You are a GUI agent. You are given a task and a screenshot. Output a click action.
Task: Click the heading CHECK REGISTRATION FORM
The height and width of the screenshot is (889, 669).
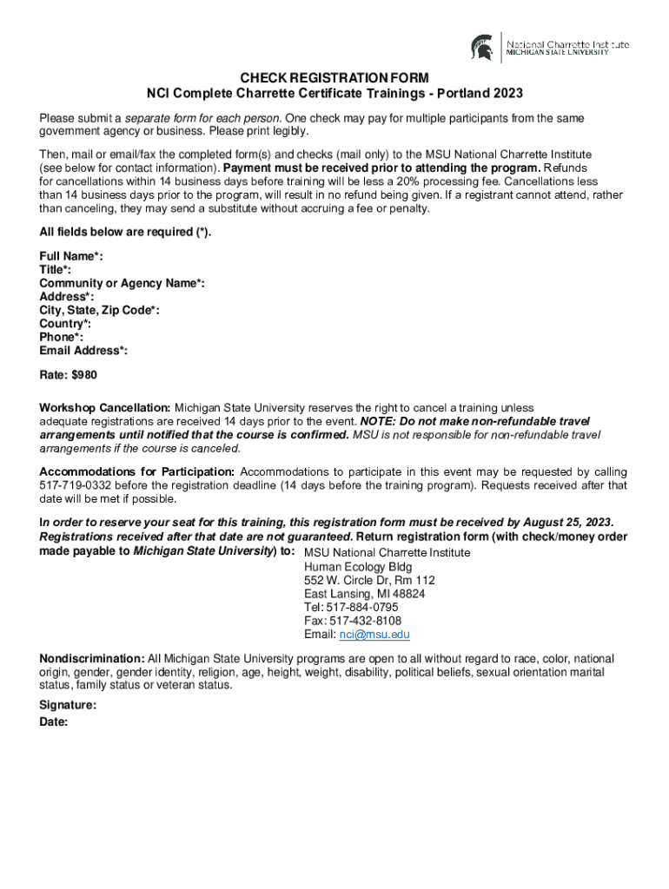pos(334,77)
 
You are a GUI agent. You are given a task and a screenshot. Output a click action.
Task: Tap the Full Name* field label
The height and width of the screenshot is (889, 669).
pos(71,256)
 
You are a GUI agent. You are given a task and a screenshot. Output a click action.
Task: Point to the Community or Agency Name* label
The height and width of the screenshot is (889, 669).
pos(122,283)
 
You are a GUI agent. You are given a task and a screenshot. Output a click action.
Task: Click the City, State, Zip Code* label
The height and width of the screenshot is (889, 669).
pos(99,310)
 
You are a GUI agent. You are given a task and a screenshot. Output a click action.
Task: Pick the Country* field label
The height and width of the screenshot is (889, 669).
pos(65,324)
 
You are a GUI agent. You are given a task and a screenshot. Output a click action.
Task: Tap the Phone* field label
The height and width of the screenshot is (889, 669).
pos(62,337)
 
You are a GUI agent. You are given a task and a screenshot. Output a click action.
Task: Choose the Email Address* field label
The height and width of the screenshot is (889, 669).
pos(83,351)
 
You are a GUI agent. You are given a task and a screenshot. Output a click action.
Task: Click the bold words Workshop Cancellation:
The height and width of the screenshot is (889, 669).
pos(105,407)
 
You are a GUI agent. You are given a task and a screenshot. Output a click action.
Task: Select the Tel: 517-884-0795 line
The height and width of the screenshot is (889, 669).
pos(351,607)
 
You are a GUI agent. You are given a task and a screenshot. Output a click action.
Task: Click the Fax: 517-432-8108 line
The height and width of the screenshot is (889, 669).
pos(353,621)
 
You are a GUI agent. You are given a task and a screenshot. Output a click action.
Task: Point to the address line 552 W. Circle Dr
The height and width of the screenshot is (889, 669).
pos(369,579)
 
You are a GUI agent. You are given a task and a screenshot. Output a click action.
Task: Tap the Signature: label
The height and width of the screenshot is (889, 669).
pos(68,706)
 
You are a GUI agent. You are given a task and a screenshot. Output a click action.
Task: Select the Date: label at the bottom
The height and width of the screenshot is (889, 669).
pos(54,721)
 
